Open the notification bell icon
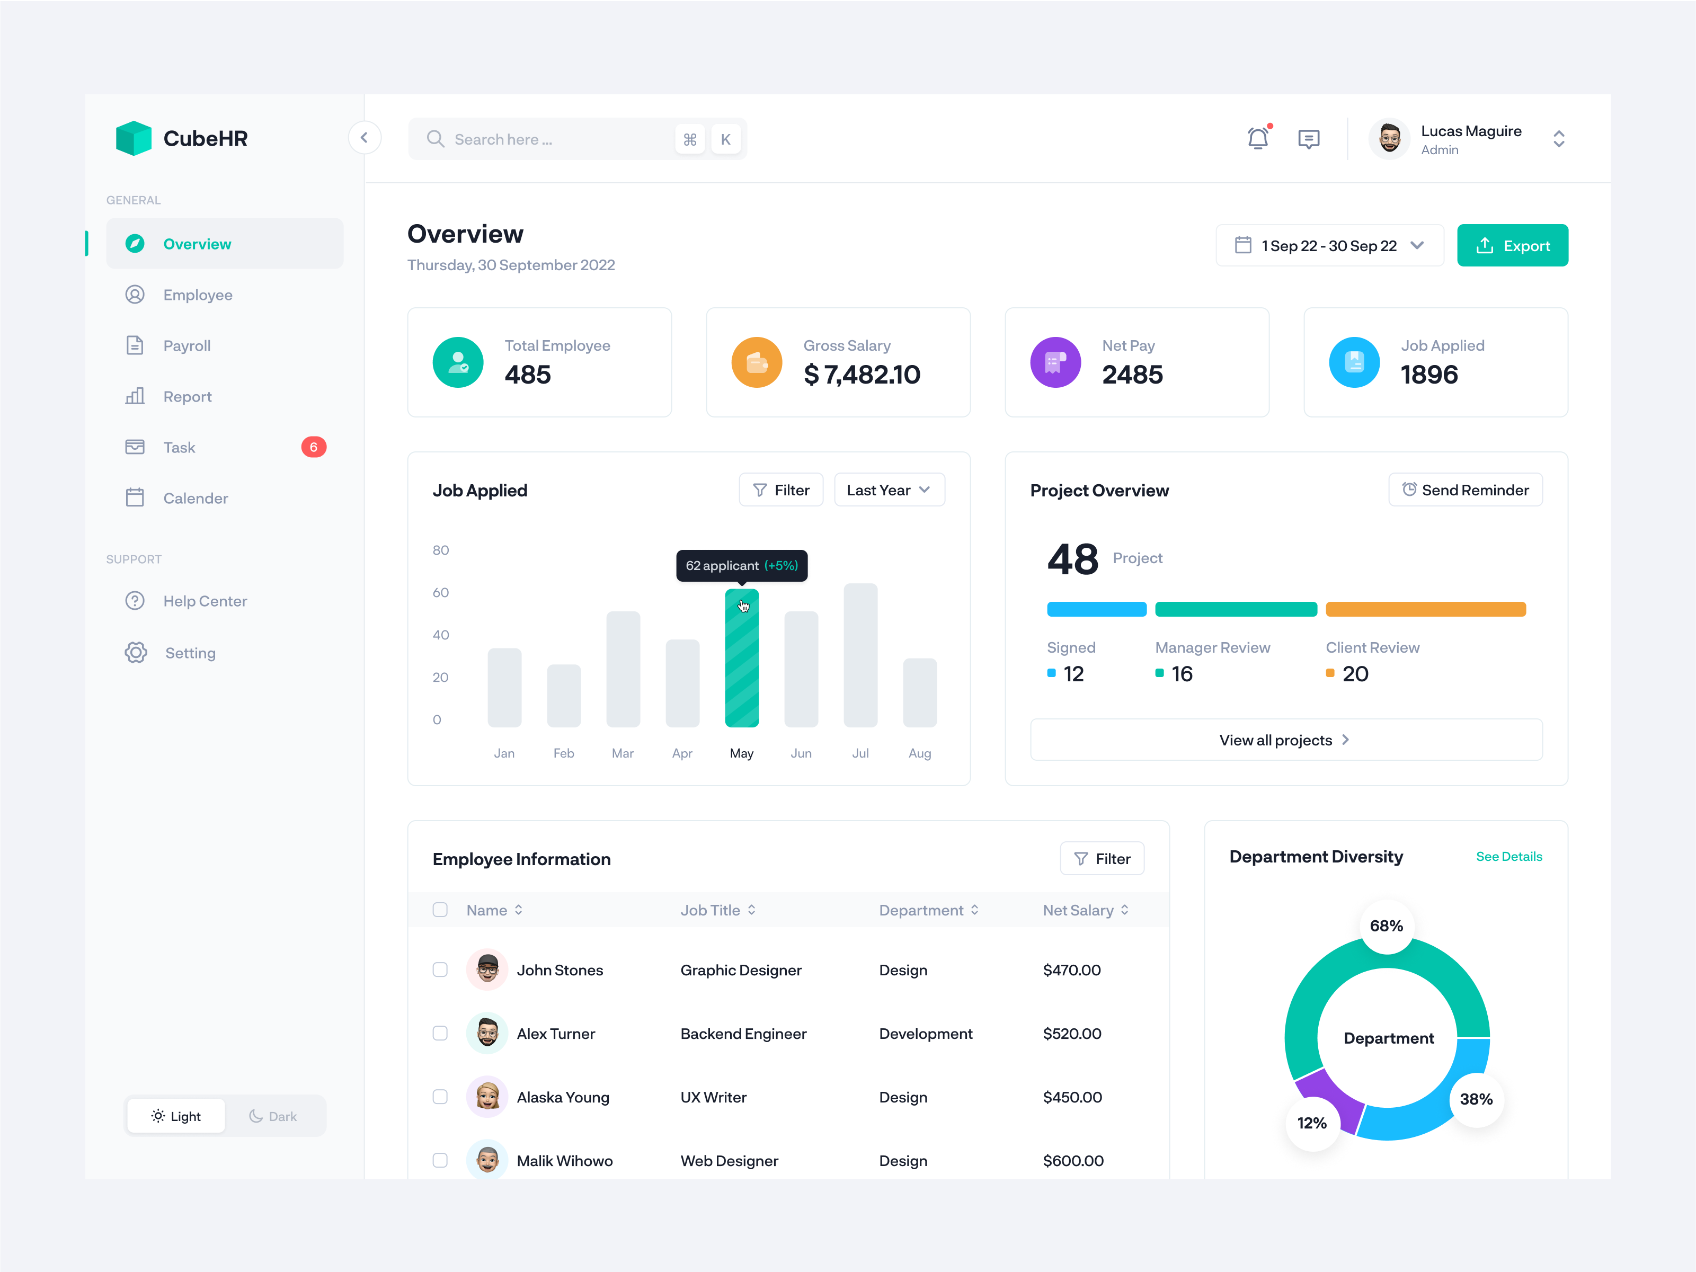1257,139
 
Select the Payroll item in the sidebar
187,346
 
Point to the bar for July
860,655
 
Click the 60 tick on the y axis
440,593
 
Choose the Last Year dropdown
889,490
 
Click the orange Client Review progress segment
1425,610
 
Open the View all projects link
1285,740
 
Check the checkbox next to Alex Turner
440,1034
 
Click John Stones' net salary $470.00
1071,970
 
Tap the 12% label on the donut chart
1311,1123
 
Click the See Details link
1508,857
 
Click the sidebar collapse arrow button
364,138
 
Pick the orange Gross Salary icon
756,362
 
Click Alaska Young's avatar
487,1097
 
